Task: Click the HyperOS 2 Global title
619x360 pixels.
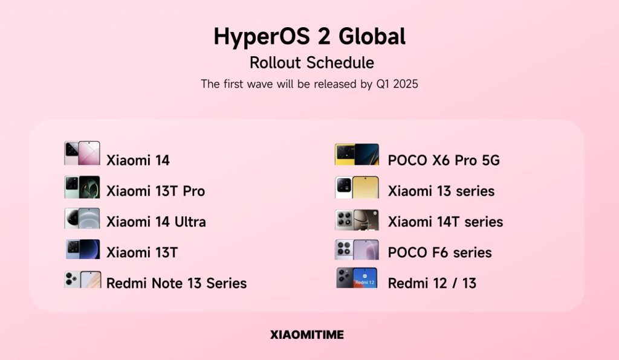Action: tap(309, 36)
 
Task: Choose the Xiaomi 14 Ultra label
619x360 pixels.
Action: tap(156, 222)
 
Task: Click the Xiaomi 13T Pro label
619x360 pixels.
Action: tap(155, 191)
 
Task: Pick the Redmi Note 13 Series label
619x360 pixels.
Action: tap(177, 283)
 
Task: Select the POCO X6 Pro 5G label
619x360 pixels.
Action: tap(444, 161)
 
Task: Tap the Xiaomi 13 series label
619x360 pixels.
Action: tap(441, 191)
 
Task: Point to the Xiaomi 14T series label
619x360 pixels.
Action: tap(446, 222)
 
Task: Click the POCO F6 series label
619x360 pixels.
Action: tap(439, 252)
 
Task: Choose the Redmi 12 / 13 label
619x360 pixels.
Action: tap(432, 283)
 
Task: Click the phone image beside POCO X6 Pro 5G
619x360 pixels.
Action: tap(357, 155)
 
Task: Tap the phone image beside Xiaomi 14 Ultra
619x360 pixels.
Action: tap(82, 218)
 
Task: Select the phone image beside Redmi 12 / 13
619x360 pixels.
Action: tap(357, 278)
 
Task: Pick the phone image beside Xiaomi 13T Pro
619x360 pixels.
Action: tap(82, 187)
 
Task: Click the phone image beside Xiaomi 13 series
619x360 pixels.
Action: tap(357, 187)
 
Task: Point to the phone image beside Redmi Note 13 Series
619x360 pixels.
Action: tap(82, 279)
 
